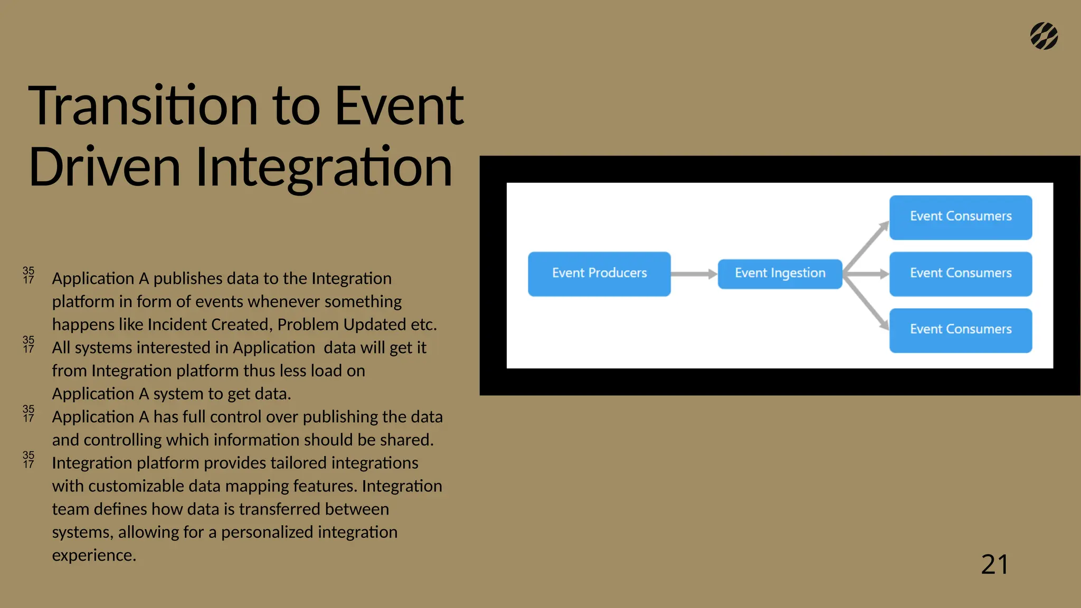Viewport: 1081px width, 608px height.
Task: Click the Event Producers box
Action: pyautogui.click(x=599, y=273)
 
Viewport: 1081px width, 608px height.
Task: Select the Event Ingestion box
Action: pyautogui.click(x=780, y=273)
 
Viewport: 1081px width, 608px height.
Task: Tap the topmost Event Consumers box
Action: pyautogui.click(x=960, y=217)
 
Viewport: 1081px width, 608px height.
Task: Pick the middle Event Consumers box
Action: pyautogui.click(x=960, y=273)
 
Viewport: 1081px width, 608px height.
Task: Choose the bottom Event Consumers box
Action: pyautogui.click(x=960, y=330)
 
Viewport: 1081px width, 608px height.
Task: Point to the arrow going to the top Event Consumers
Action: pyautogui.click(x=867, y=246)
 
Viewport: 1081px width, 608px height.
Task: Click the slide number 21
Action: pyautogui.click(x=994, y=564)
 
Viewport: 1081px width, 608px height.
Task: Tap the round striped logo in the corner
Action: pyautogui.click(x=1044, y=36)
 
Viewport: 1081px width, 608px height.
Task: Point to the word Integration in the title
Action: pyautogui.click(x=324, y=167)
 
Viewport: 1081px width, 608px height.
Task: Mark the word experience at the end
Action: pyautogui.click(x=93, y=555)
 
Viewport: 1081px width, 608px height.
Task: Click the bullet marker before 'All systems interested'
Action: pyautogui.click(x=29, y=344)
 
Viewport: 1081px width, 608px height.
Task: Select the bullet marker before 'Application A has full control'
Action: pyautogui.click(x=29, y=413)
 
